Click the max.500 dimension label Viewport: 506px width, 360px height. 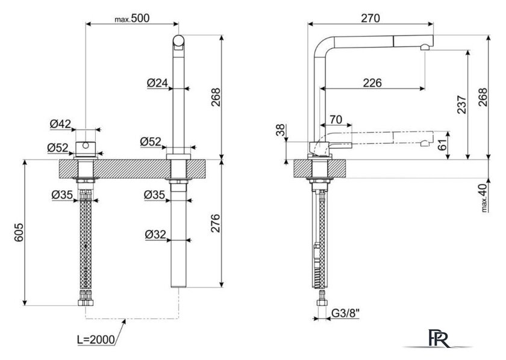coord(132,18)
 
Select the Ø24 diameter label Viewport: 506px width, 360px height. coord(157,83)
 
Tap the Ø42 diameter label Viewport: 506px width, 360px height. coord(60,124)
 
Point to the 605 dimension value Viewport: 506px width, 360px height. coord(19,232)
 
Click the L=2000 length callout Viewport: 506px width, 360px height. coord(96,340)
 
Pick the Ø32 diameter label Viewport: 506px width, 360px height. coord(155,235)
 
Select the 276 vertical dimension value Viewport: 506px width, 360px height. coord(215,223)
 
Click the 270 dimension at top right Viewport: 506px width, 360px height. coord(370,19)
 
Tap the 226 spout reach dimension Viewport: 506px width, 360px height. coord(372,83)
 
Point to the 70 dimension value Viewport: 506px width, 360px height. coord(336,120)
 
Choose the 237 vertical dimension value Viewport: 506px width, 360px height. coord(462,104)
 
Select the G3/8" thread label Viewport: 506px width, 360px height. coord(346,313)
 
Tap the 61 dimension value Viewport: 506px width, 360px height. coord(443,144)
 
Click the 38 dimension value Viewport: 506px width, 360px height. coord(281,130)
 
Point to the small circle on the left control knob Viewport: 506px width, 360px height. coord(85,146)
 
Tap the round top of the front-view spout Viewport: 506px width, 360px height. coord(178,41)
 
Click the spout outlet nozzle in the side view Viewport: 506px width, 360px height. coord(426,47)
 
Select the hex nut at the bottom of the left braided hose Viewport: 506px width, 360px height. coord(86,303)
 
